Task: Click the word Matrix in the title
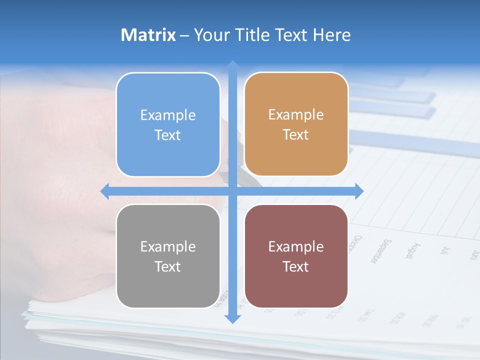click(x=148, y=35)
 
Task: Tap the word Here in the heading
click(x=331, y=35)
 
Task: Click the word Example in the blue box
click(x=168, y=115)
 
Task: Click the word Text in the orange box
click(x=296, y=135)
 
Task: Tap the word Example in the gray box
click(x=168, y=246)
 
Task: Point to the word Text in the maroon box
click(x=296, y=266)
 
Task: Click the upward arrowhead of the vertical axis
click(x=232, y=65)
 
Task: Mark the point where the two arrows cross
click(x=232, y=191)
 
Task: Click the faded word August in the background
click(x=409, y=250)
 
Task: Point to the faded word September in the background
click(x=379, y=251)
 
